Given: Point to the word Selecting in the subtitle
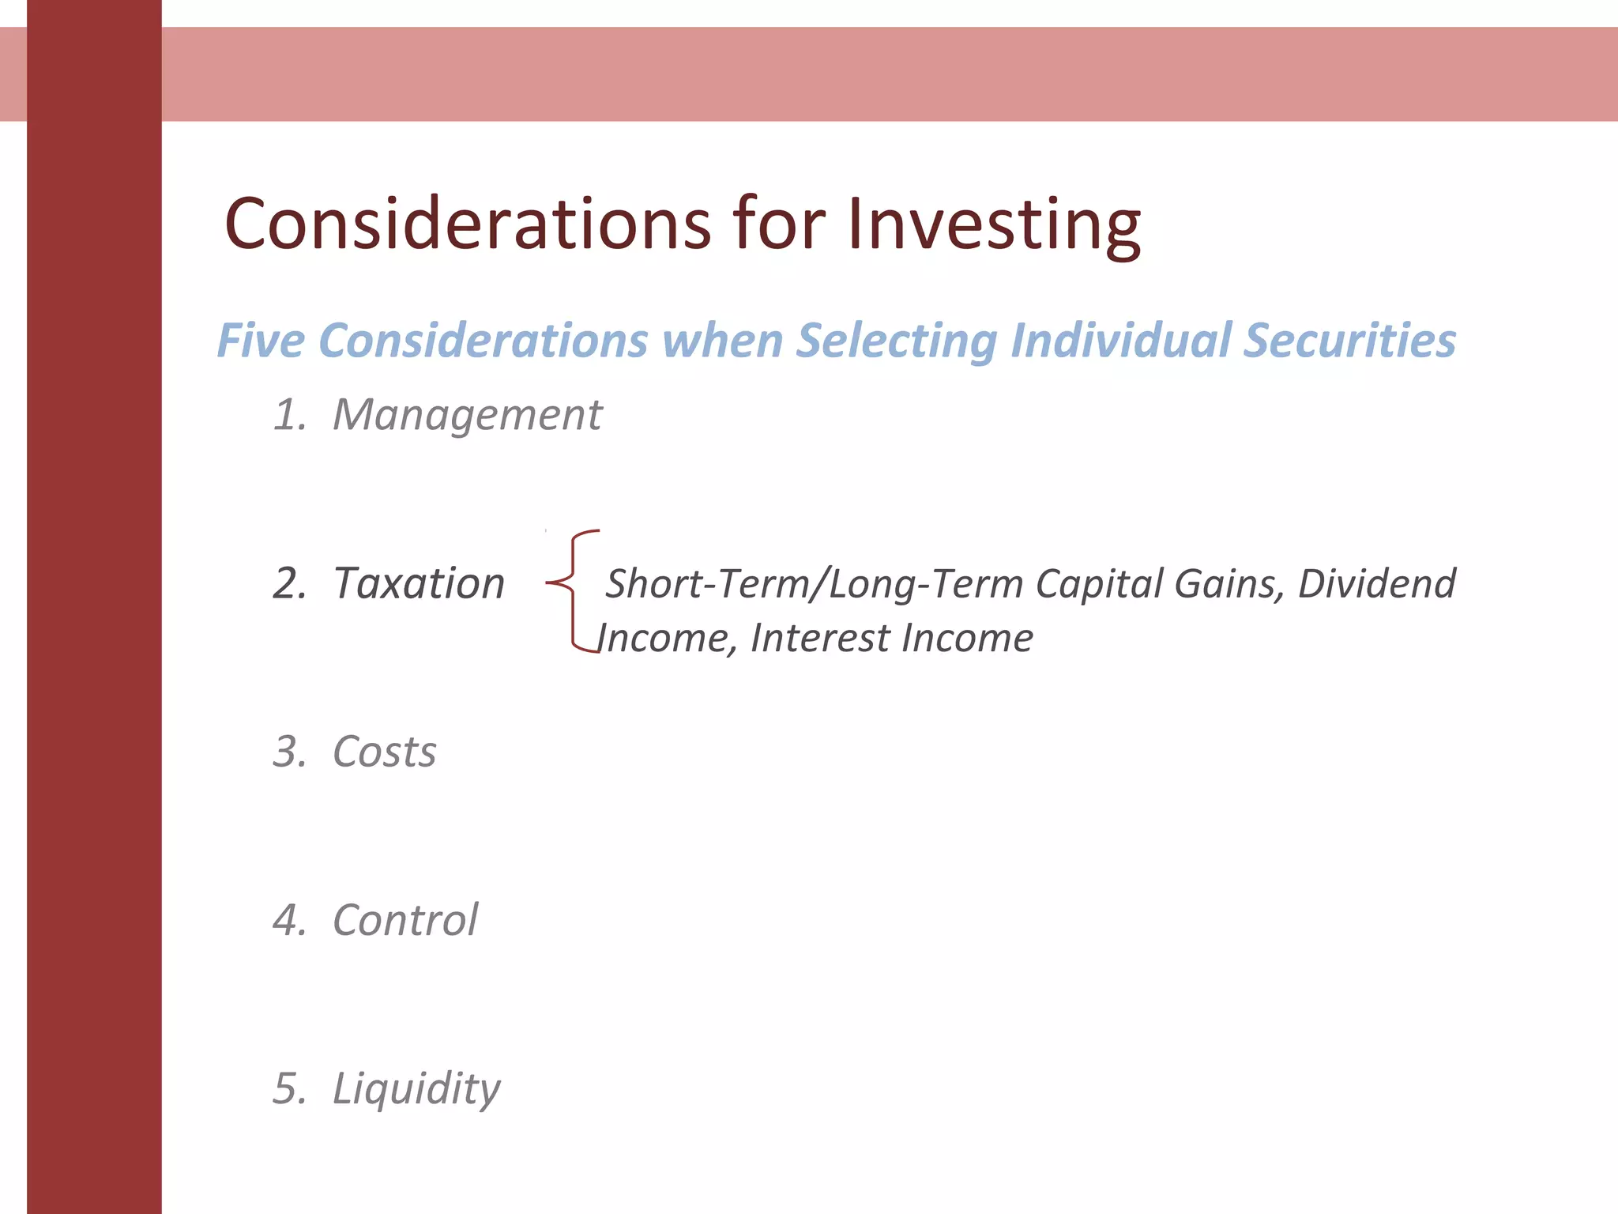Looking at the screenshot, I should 896,341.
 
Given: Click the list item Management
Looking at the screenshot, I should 467,415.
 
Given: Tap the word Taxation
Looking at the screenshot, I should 419,583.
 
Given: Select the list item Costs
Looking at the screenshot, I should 384,752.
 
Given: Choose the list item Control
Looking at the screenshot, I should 405,920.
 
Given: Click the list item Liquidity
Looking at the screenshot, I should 416,1089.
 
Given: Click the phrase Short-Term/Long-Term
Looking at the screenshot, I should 814,584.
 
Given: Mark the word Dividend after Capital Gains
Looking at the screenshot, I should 1376,584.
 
